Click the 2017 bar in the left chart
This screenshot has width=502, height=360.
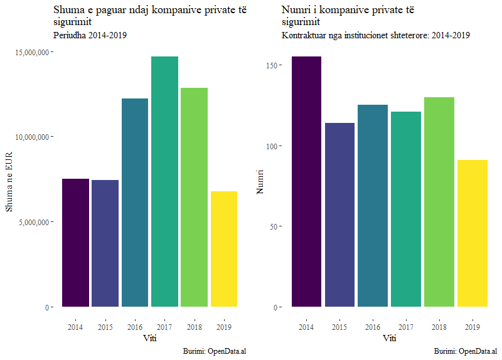[164, 182]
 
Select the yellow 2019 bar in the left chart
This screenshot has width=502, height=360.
[223, 249]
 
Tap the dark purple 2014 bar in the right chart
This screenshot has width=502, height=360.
[306, 182]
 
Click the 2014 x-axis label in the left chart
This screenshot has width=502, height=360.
[75, 327]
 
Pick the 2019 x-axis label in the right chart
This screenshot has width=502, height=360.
[473, 327]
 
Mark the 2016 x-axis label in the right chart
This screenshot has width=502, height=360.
[372, 327]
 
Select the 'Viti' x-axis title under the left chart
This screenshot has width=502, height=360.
[149, 339]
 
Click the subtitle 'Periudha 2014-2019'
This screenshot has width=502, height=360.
[90, 35]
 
